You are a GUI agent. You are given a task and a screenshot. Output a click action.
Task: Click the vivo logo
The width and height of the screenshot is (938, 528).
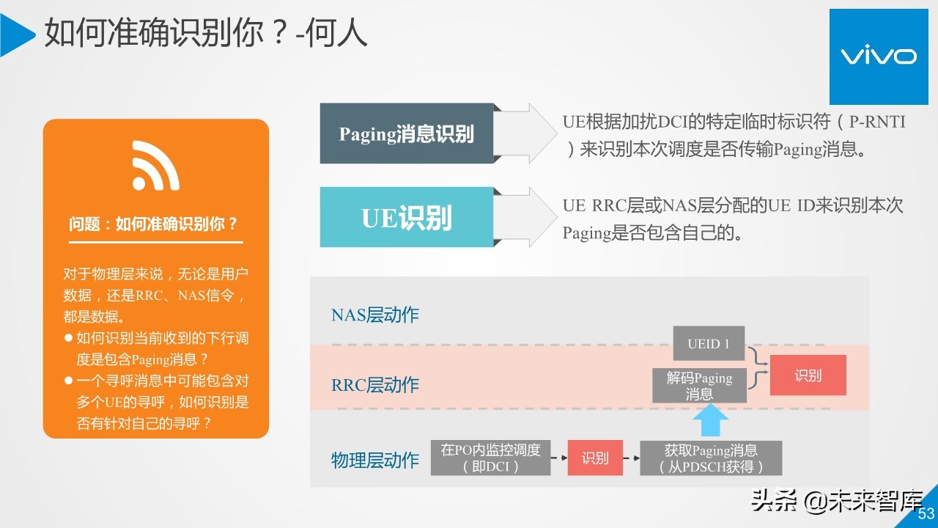877,56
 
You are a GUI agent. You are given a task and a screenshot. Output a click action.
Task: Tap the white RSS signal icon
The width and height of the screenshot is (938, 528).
155,166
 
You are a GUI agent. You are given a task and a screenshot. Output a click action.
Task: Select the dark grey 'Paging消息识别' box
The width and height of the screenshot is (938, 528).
407,133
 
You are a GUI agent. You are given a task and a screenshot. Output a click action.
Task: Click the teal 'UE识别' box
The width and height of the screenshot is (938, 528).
407,217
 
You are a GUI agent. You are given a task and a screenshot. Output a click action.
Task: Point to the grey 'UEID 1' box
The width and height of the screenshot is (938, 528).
709,343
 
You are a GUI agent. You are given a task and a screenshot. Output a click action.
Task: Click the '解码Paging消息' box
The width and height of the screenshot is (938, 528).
699,386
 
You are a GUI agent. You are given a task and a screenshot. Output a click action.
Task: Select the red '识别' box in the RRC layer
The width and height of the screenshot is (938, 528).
808,375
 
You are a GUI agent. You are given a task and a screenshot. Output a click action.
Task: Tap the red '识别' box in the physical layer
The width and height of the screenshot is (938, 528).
595,458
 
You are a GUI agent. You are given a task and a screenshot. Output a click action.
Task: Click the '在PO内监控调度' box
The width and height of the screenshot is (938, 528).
490,458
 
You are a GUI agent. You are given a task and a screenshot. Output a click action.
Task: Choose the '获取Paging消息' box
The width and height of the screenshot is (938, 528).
710,458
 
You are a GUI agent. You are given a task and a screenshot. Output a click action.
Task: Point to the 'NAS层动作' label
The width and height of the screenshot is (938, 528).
375,315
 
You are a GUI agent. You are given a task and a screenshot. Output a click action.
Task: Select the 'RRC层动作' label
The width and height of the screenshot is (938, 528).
375,385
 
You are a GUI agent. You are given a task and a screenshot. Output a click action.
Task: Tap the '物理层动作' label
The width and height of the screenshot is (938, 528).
375,461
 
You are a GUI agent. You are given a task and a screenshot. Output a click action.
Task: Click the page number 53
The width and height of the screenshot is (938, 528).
926,513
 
